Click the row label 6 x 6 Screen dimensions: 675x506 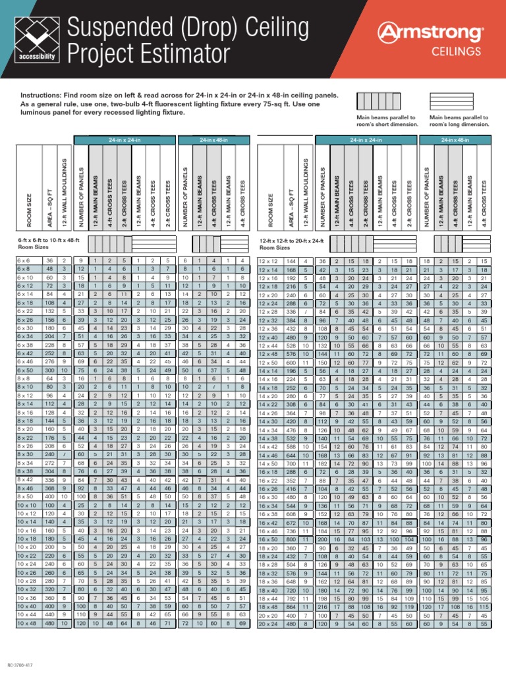coord(24,261)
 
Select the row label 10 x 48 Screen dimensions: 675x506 coord(28,623)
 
